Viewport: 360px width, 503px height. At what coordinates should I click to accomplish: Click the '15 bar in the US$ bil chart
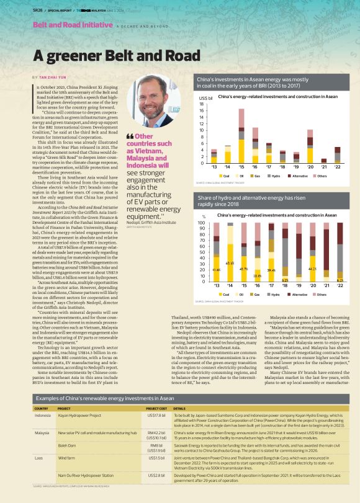click(x=241, y=135)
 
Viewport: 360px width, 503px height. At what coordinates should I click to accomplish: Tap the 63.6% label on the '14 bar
click(x=230, y=264)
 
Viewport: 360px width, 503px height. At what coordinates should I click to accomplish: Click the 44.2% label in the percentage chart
click(x=312, y=268)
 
